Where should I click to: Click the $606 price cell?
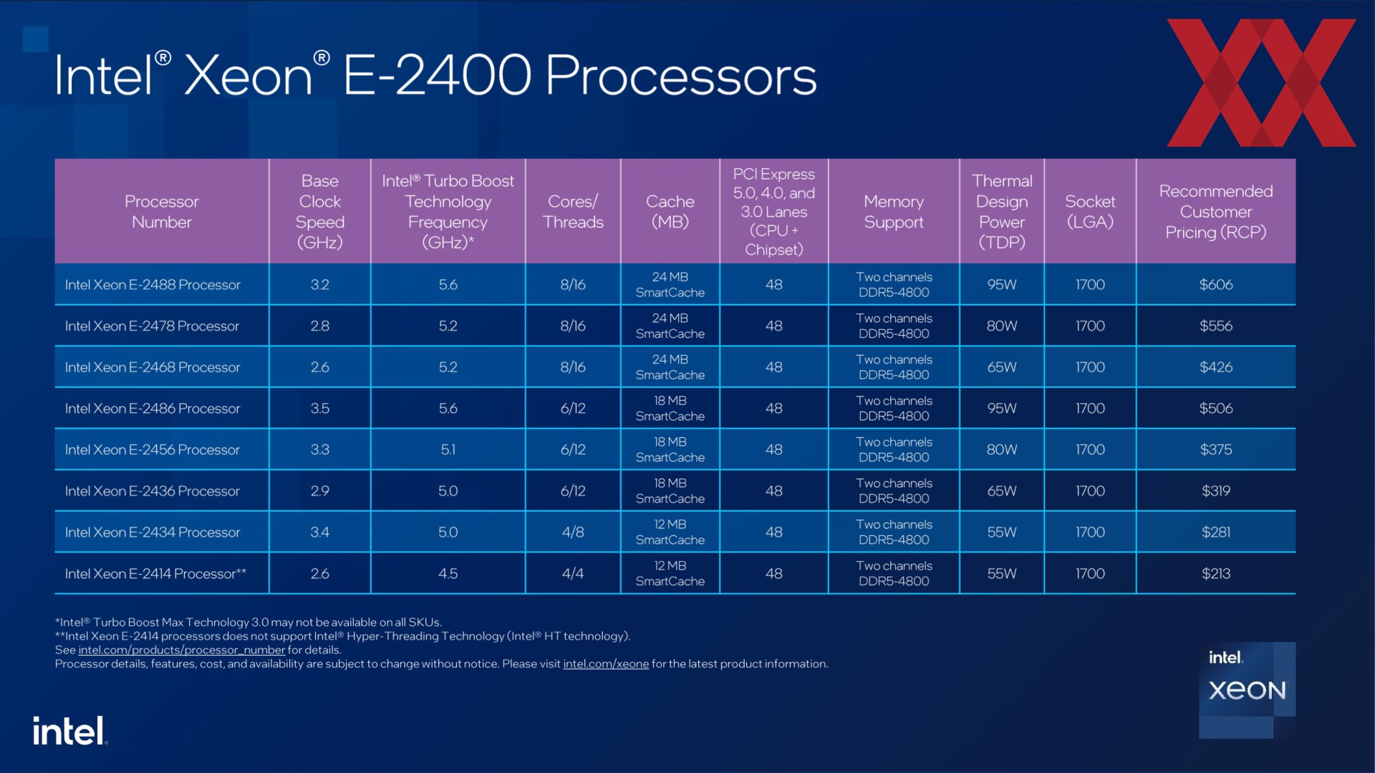pos(1215,285)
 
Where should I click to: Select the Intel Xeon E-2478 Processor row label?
pos(152,326)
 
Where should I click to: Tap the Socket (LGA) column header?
pos(1090,212)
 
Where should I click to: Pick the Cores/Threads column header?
pos(573,212)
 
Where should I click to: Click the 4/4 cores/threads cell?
pos(573,574)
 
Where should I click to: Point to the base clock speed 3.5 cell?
pos(320,409)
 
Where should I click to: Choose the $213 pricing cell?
pos(1215,574)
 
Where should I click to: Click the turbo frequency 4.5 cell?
pos(448,574)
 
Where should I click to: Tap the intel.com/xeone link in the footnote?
pos(606,664)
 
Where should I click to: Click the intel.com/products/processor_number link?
pos(181,650)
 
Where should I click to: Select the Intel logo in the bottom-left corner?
pos(69,731)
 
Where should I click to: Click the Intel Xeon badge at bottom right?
pos(1247,690)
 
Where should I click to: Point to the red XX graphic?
pos(1261,82)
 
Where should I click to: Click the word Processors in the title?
pos(681,76)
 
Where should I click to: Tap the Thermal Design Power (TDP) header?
pos(1002,212)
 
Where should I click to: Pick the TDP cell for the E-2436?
pos(1002,491)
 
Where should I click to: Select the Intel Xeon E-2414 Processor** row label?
pos(155,574)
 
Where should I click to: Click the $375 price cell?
pos(1215,450)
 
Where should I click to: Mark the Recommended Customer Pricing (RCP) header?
pos(1215,212)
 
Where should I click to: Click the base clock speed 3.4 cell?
pos(320,533)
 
